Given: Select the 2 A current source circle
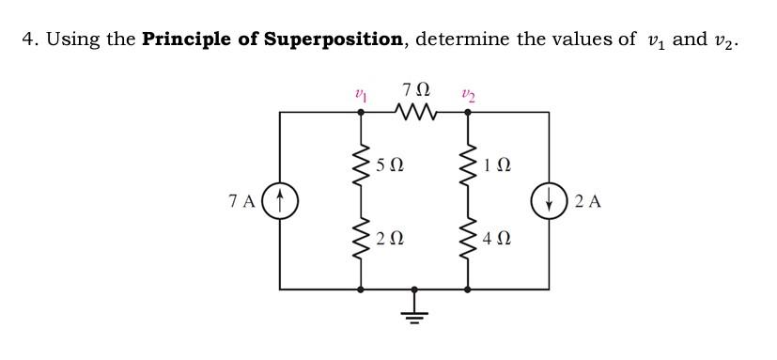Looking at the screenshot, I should (549, 199).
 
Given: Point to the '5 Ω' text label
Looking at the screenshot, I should (390, 166).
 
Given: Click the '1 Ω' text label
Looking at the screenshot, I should (496, 166).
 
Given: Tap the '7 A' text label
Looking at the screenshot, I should (242, 200).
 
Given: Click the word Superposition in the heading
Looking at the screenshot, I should (333, 39).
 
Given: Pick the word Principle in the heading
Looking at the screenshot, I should (189, 39).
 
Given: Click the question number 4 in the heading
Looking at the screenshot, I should (28, 39).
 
